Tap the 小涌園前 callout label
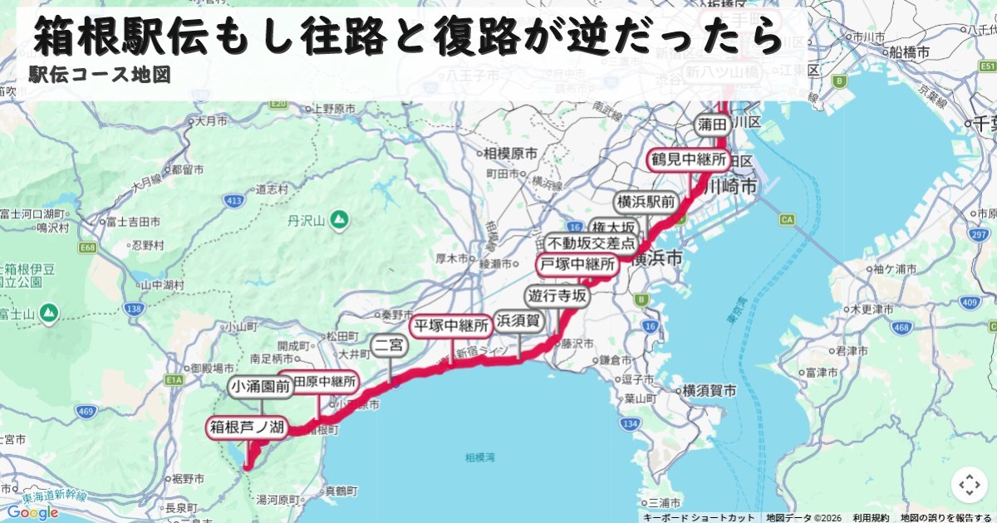(x=261, y=387)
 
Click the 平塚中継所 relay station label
(x=449, y=325)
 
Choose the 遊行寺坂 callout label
(x=557, y=296)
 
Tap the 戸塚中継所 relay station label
(x=578, y=266)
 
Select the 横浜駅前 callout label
(x=645, y=203)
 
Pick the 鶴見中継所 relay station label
(x=689, y=159)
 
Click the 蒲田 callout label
(x=713, y=125)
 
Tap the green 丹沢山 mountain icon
(x=338, y=220)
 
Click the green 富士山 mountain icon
(x=49, y=313)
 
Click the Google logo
(x=33, y=512)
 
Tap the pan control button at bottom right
(x=969, y=485)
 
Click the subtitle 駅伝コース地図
(x=99, y=75)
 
